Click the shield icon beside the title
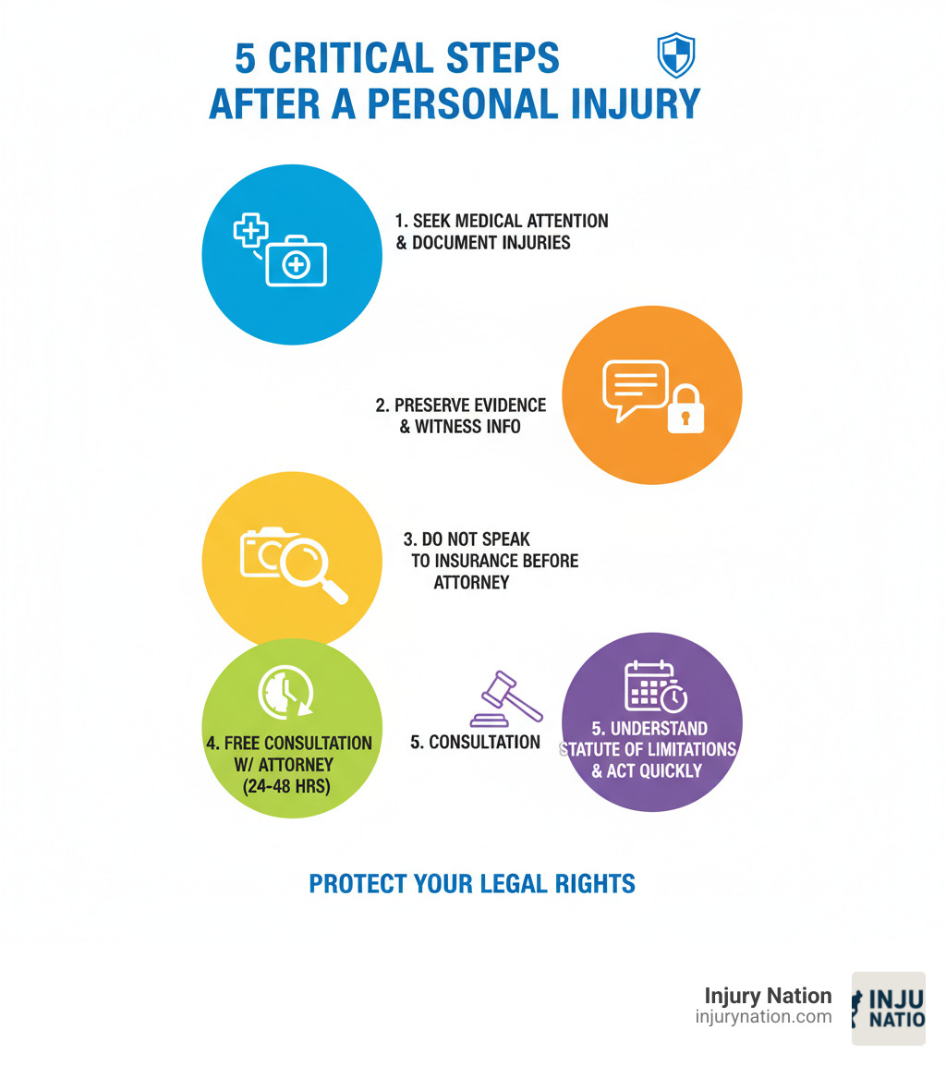(675, 55)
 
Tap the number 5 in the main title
(245, 58)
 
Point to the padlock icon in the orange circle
(685, 410)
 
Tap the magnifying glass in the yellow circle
(312, 567)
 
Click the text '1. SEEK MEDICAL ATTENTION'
(501, 222)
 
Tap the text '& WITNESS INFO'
(460, 427)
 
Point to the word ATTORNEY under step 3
(471, 583)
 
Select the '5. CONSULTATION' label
(475, 742)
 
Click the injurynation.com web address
(763, 1017)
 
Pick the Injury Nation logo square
(888, 1008)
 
